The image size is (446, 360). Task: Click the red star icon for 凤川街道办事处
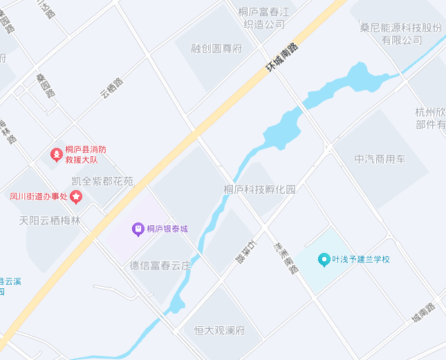75,197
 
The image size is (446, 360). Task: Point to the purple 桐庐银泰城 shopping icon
138,229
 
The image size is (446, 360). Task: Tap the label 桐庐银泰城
167,229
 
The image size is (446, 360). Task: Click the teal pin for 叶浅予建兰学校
323,259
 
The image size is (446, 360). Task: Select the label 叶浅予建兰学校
361,260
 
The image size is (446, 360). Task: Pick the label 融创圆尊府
218,48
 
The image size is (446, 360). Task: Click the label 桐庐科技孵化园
259,189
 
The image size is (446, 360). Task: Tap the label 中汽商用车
380,159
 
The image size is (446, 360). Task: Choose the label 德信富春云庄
160,265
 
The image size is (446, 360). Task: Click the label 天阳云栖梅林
50,221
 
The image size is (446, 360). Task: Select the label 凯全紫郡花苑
102,182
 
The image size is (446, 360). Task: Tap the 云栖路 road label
111,87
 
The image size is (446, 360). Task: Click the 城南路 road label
422,312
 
